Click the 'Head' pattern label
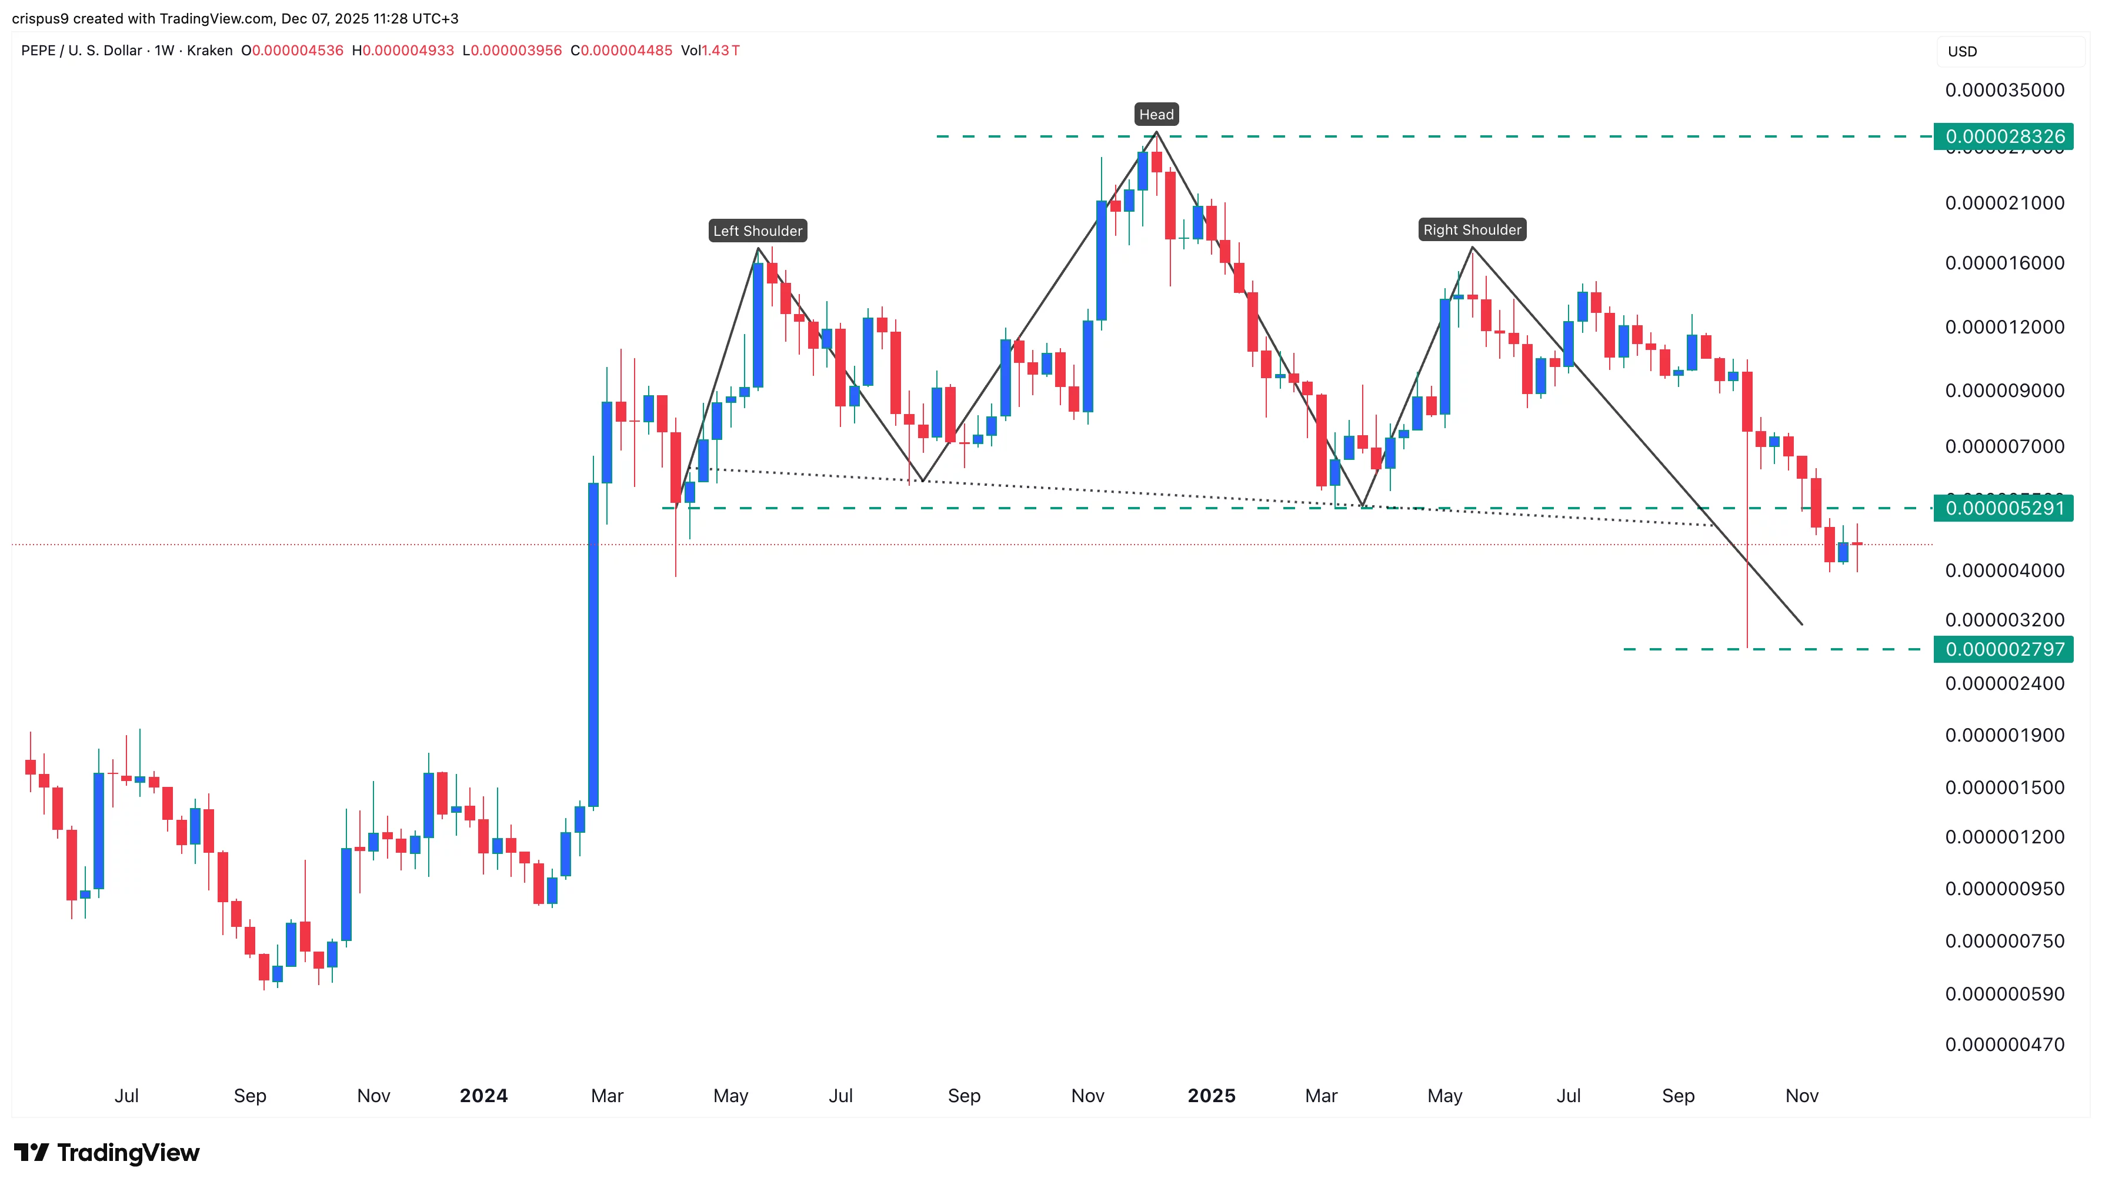pos(1156,114)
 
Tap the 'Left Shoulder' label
pos(758,231)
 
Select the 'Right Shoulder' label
pos(1472,230)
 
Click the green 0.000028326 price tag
pos(2004,136)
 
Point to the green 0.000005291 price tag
pos(2004,508)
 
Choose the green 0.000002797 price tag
pos(2004,649)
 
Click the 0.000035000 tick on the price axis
pos(2004,90)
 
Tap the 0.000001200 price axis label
pos(2004,836)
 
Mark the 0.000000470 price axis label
pos(2004,1044)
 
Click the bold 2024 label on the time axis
pos(483,1096)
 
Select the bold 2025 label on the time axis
pos(1211,1096)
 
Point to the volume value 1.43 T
pos(720,51)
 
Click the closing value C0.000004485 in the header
pos(621,51)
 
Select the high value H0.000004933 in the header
pos(402,51)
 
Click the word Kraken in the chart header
pos(210,51)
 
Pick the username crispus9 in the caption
pos(40,18)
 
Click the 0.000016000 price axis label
pos(2004,263)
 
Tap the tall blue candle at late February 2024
pos(593,645)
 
